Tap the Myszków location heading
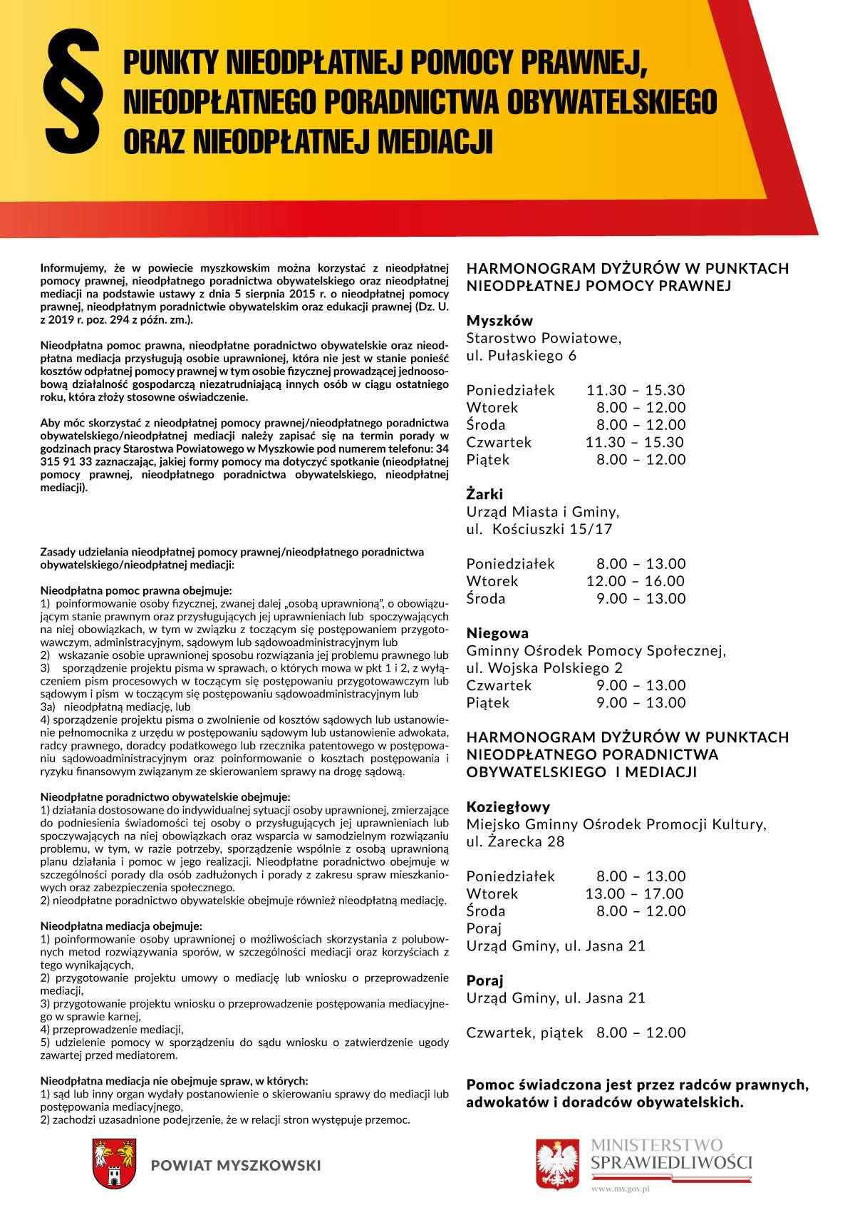[x=499, y=321]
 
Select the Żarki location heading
[x=484, y=494]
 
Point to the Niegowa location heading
[x=497, y=633]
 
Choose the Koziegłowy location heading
[x=508, y=807]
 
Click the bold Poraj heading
[x=484, y=980]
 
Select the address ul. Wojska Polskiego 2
[x=544, y=668]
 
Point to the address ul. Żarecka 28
[x=515, y=842]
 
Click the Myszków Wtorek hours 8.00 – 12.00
[x=641, y=408]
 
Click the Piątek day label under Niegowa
[x=488, y=703]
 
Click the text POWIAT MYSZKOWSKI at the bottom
[x=236, y=1165]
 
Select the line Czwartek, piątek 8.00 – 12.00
[x=576, y=1032]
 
